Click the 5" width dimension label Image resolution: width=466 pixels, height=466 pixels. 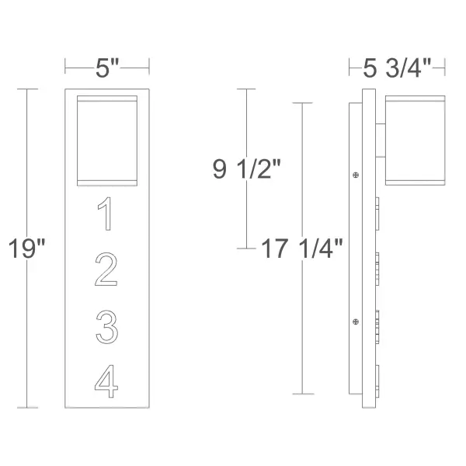tap(107, 68)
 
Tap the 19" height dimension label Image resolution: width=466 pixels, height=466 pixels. tap(28, 249)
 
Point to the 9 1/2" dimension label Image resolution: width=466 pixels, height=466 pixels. tap(248, 169)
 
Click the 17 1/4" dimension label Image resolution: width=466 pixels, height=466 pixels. tap(302, 249)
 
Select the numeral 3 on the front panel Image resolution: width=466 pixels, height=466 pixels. tap(106, 327)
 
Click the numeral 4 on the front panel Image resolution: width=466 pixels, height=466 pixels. tap(106, 381)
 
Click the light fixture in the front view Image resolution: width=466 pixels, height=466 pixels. tap(107, 141)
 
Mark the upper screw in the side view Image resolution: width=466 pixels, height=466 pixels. tap(356, 175)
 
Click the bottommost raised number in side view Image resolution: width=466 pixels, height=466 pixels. tap(378, 381)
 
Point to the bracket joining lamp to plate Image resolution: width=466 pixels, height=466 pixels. tap(380, 140)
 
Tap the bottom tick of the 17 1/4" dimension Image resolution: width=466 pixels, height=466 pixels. tap(302, 394)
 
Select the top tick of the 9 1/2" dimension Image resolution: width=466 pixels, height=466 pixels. tap(246, 89)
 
